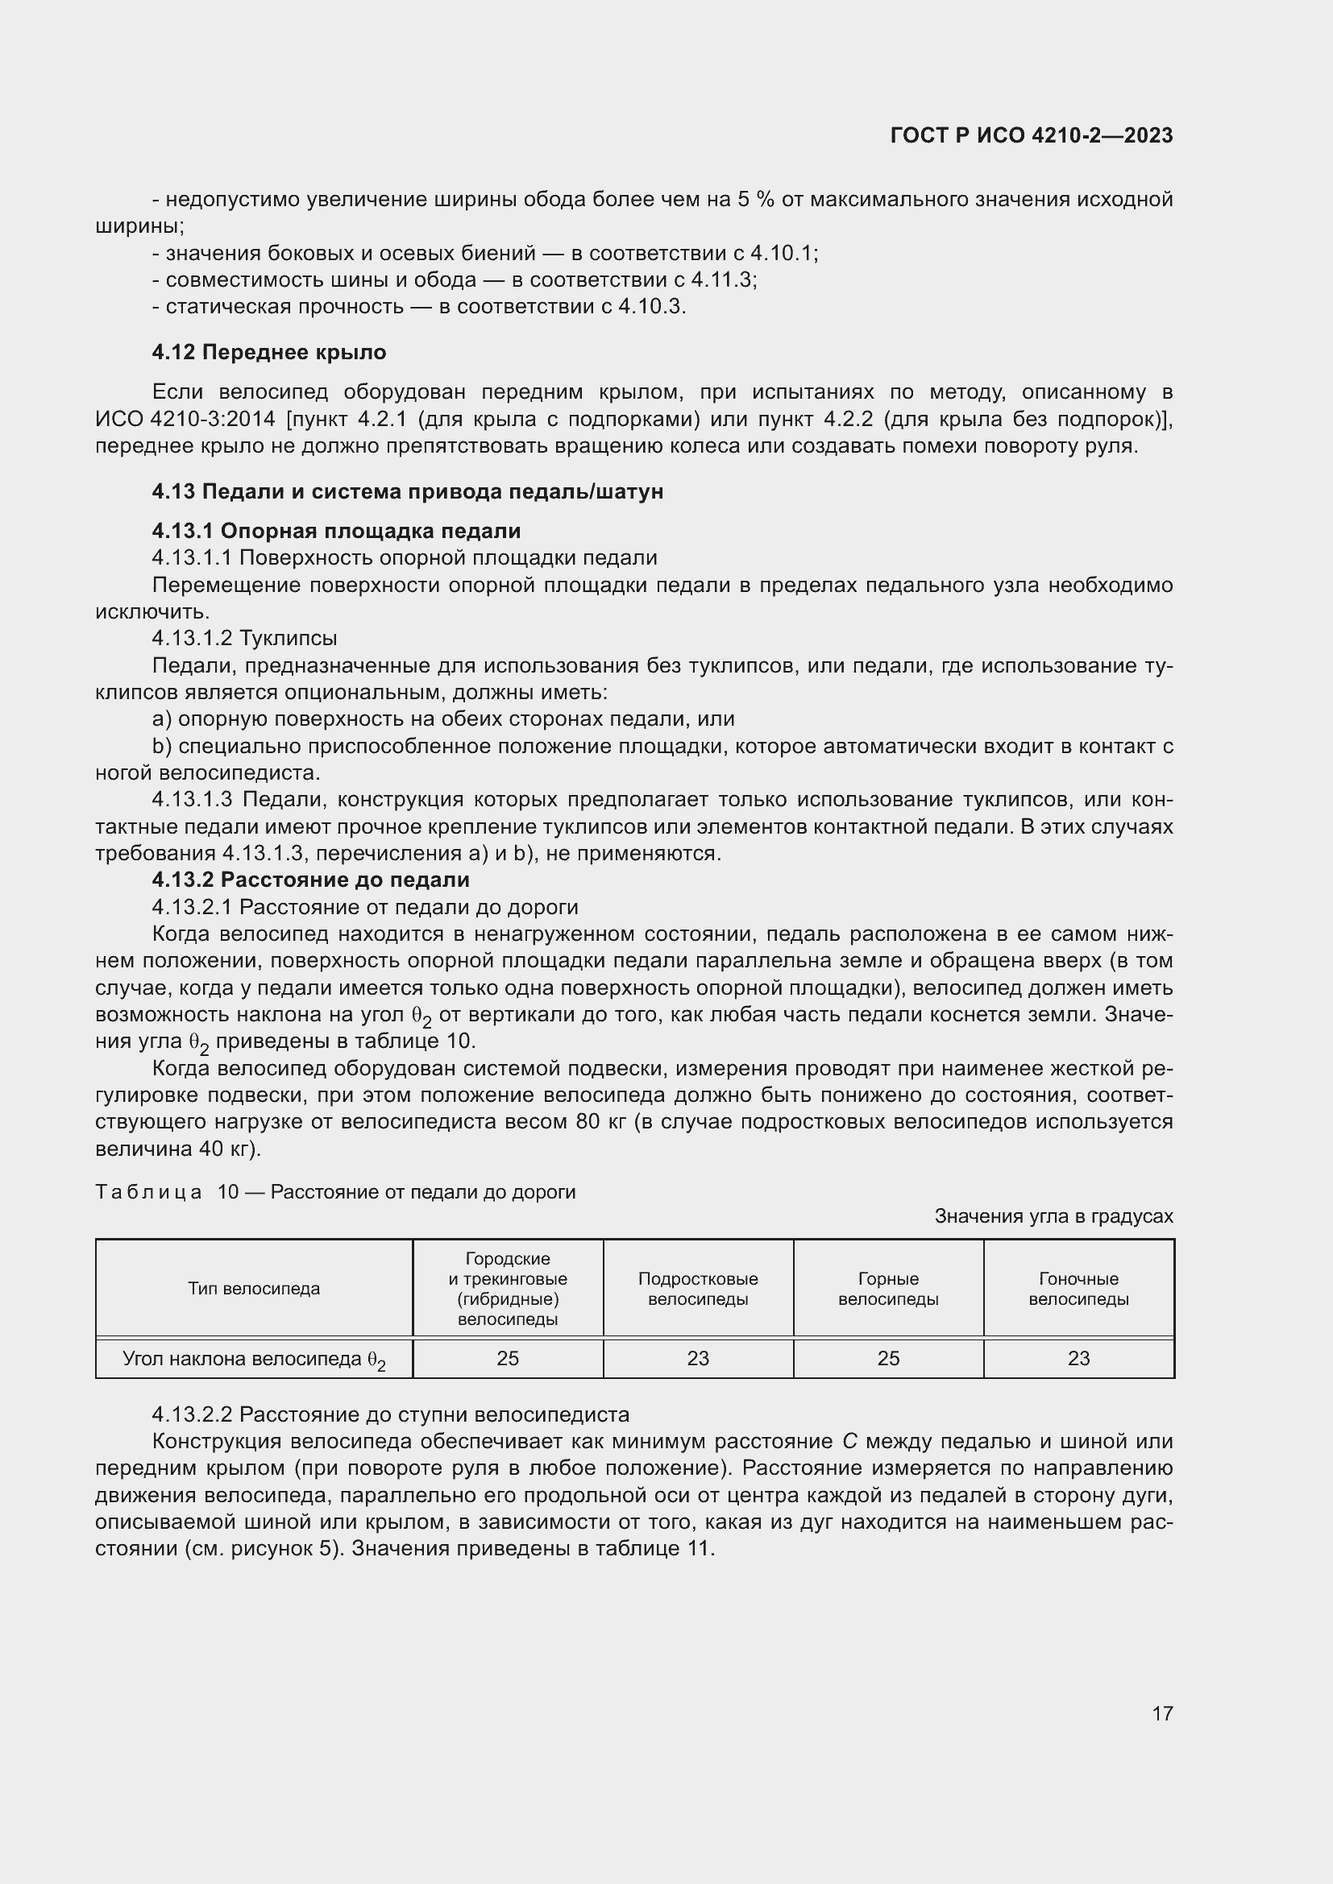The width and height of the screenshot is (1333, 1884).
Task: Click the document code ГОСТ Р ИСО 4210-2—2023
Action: (x=1031, y=135)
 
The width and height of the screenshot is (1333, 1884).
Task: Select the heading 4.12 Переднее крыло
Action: (x=269, y=352)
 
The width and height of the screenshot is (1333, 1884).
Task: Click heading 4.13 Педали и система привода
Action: (x=407, y=491)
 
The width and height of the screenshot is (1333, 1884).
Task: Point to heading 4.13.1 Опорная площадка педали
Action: (x=336, y=531)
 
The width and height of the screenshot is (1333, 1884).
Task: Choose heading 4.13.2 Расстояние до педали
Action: (x=310, y=880)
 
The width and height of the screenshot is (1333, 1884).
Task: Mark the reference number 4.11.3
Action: (x=721, y=279)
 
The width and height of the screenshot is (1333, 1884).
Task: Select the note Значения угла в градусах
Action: (x=1053, y=1216)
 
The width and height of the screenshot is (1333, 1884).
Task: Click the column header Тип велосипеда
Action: (x=254, y=1288)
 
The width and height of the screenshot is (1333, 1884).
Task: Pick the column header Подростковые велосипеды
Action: (x=698, y=1289)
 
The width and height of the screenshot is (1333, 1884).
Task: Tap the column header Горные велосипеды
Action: (x=888, y=1289)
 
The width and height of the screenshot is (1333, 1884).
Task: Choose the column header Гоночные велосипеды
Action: (x=1078, y=1289)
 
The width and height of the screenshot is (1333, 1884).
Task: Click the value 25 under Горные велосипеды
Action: (x=888, y=1359)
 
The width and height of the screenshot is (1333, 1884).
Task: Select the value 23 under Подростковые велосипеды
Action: (x=698, y=1359)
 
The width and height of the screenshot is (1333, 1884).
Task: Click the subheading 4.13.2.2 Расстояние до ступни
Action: (x=391, y=1414)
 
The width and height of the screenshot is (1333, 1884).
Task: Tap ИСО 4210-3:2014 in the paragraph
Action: (x=185, y=420)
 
